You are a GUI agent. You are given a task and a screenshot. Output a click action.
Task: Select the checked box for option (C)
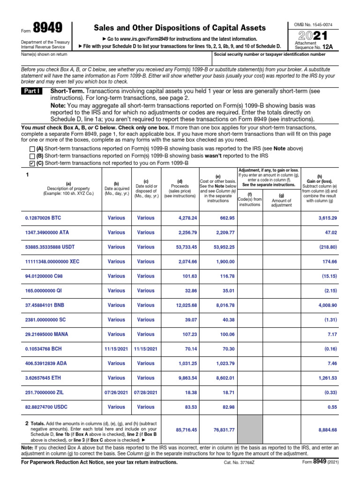32,163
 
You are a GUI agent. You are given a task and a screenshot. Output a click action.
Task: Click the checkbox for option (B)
32,156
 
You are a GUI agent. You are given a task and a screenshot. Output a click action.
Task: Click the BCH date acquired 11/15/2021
116,349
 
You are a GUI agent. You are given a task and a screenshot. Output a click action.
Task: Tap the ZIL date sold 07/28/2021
146,392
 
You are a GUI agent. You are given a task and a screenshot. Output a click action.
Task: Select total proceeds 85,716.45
186,429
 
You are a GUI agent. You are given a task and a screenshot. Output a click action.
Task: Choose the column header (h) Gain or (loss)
319,181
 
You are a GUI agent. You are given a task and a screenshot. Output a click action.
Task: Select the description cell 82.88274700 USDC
46,407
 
